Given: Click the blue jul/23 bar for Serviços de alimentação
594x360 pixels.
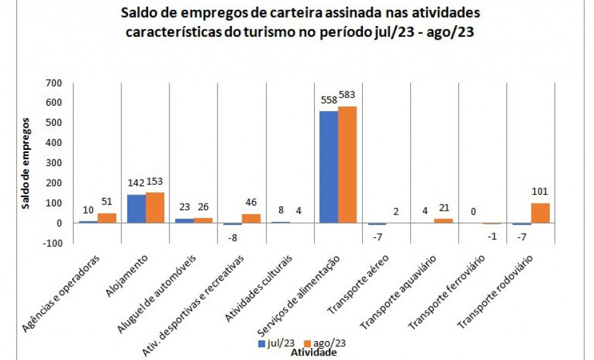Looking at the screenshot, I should (x=328, y=167).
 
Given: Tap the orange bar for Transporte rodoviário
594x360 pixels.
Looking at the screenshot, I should (x=540, y=213).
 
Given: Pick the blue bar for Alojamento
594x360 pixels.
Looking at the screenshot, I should (x=136, y=208).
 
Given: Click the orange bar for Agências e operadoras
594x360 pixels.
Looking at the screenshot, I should (x=106, y=218).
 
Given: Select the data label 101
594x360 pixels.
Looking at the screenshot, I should (x=541, y=192).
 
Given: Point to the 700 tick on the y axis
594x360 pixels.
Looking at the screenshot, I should (x=53, y=83).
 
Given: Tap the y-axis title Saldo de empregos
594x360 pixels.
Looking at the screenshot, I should (x=26, y=163).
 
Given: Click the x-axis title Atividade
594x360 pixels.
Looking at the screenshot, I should (x=314, y=354).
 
